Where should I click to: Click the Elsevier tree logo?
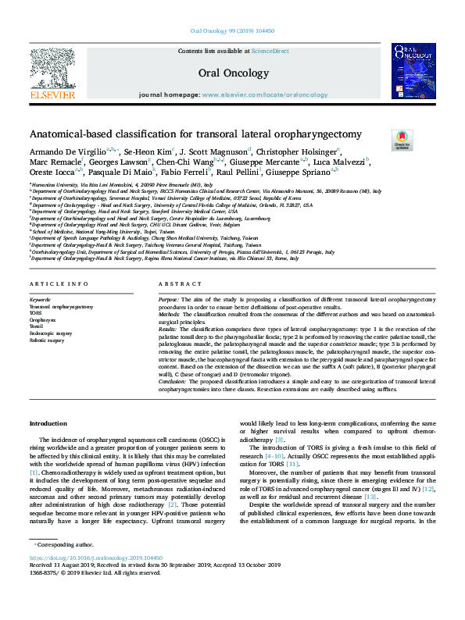tap(52, 73)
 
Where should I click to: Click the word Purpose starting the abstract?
tap(169, 300)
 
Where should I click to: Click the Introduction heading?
tap(48, 422)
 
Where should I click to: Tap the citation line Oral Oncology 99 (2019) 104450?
tap(233, 32)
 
